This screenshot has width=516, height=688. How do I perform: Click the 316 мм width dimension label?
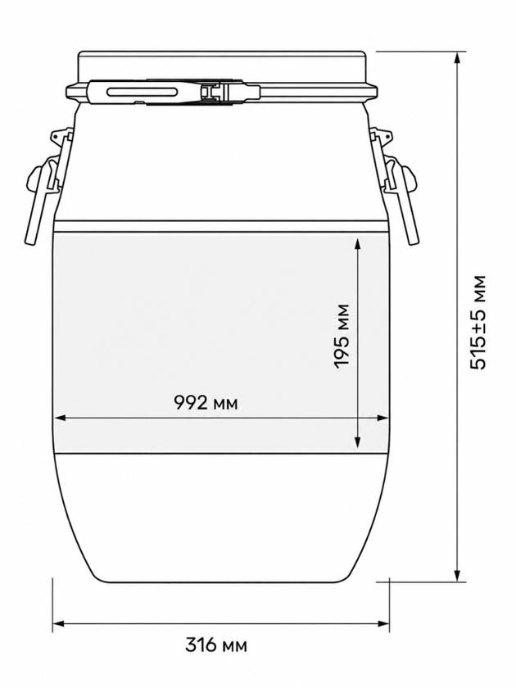coord(216,645)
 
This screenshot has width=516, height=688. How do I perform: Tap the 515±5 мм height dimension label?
coord(478,323)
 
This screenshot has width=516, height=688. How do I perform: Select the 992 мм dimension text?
coord(206,402)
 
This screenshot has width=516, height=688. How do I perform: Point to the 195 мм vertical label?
coord(342,337)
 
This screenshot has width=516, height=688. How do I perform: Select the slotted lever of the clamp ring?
coord(143,92)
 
